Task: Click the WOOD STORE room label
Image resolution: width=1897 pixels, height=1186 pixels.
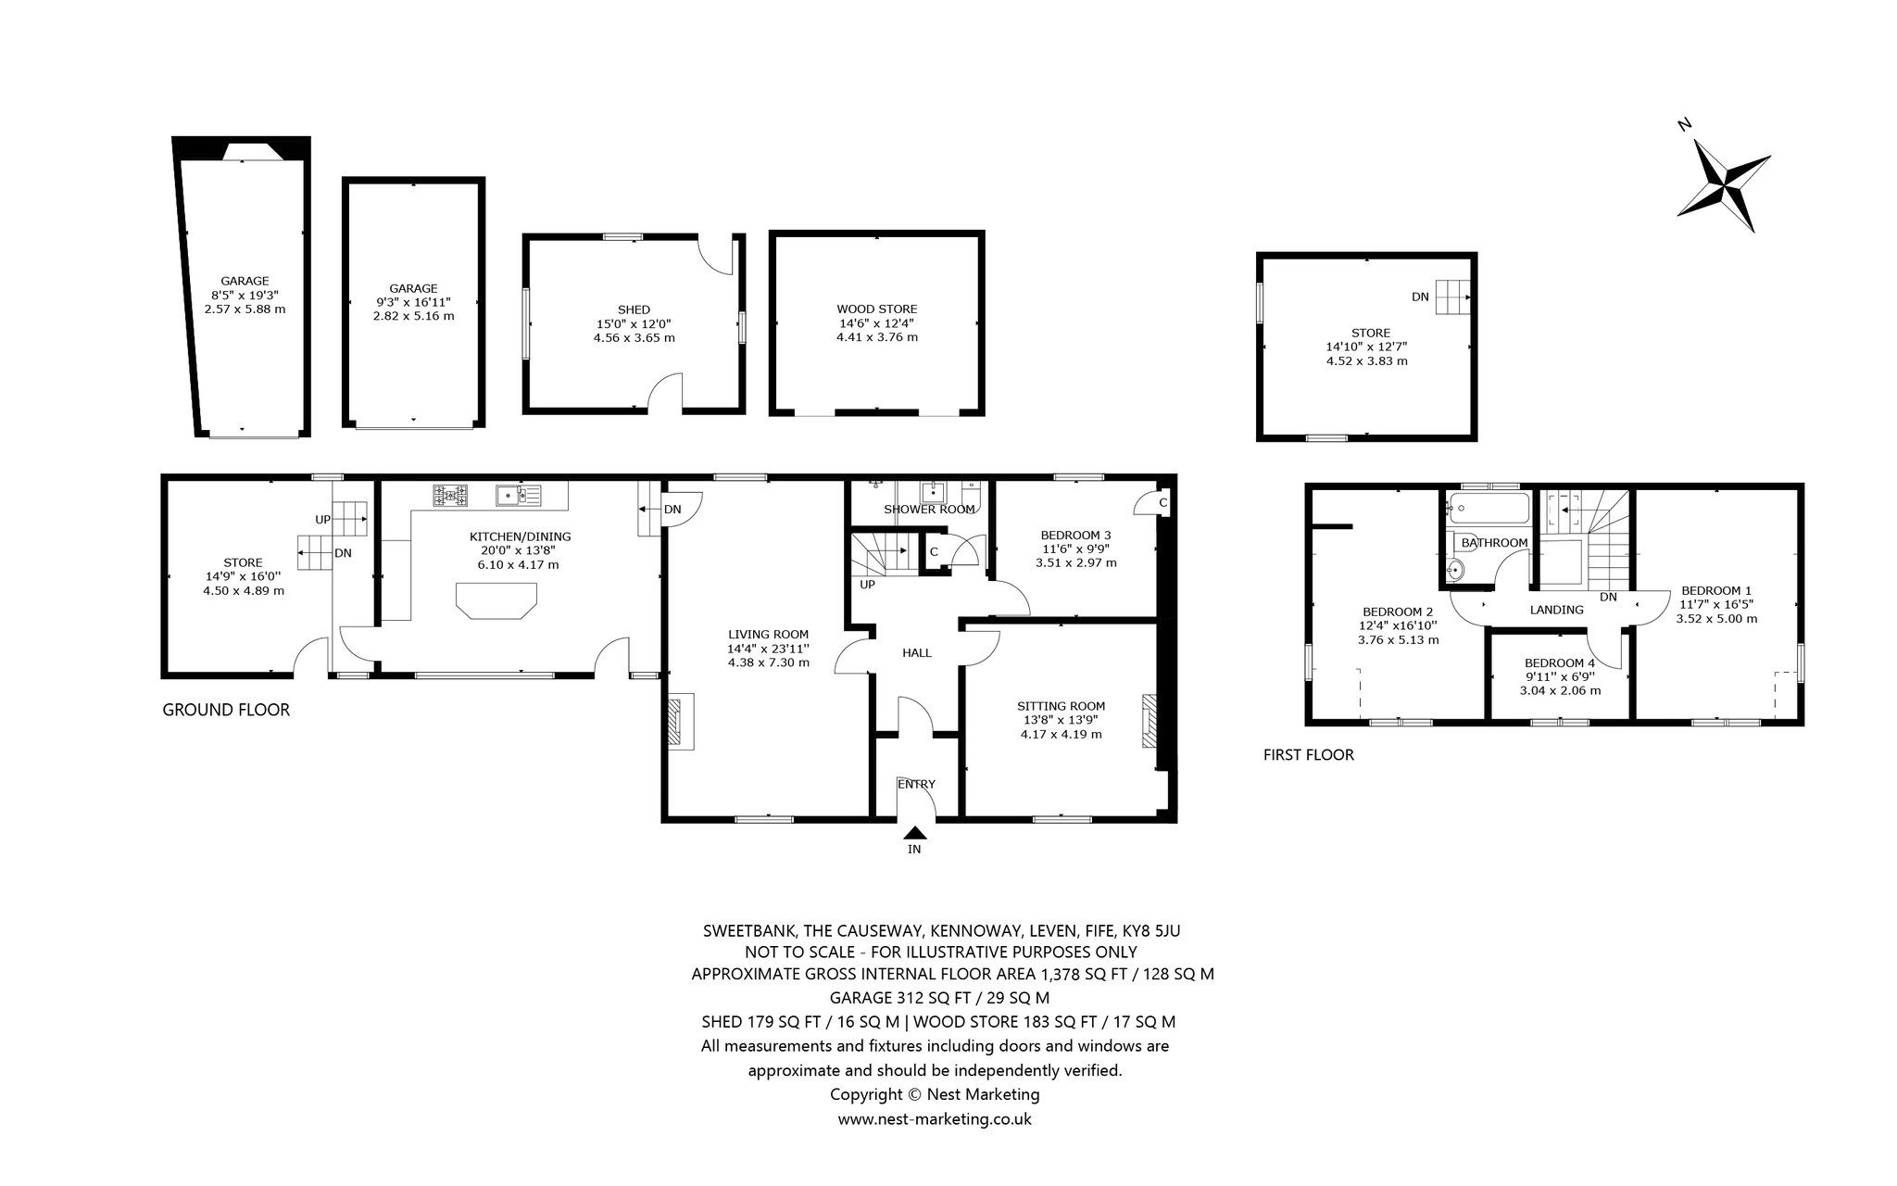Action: pyautogui.click(x=876, y=309)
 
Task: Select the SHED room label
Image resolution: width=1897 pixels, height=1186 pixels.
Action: pyautogui.click(x=634, y=309)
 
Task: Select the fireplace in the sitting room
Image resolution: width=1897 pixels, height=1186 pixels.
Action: pyautogui.click(x=1149, y=721)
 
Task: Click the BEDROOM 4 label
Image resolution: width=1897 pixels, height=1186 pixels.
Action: pyautogui.click(x=1560, y=663)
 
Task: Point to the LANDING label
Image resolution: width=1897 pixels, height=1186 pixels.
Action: pyautogui.click(x=1556, y=610)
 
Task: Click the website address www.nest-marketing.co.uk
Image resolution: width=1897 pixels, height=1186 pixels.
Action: pyautogui.click(x=935, y=1119)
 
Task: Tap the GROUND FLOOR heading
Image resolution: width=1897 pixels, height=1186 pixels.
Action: pyautogui.click(x=226, y=710)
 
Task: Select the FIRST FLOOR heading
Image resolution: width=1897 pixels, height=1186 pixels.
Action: pyautogui.click(x=1308, y=755)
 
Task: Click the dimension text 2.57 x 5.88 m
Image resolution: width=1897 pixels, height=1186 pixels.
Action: pyautogui.click(x=245, y=309)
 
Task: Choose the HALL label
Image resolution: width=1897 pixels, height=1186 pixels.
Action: pyautogui.click(x=917, y=653)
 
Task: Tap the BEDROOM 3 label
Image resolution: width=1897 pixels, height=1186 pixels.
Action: pyautogui.click(x=1075, y=536)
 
